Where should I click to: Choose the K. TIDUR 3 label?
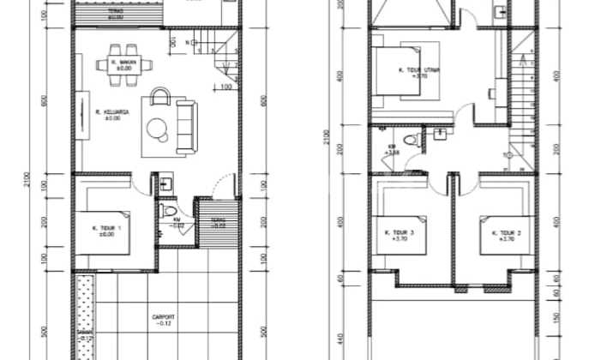click(400, 234)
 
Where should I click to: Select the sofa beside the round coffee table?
click(186, 127)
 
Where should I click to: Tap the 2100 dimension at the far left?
click(28, 180)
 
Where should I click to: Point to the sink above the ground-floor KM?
click(166, 183)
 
